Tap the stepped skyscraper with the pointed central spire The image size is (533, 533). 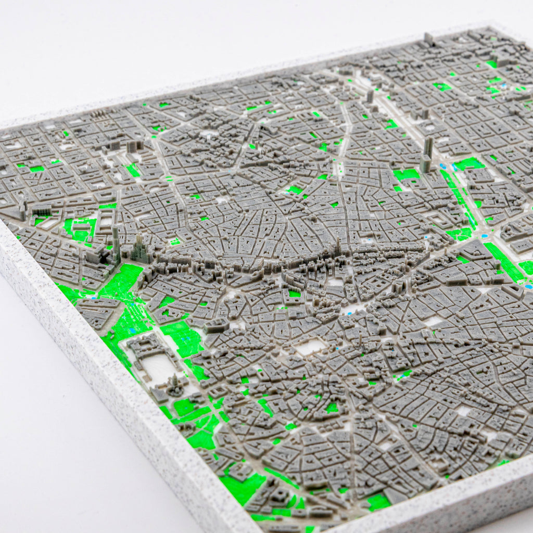140,250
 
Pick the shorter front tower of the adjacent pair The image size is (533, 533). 425,163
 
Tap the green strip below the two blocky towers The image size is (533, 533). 133,170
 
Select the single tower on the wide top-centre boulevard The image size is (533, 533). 370,96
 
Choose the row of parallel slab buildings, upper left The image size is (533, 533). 99,113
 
